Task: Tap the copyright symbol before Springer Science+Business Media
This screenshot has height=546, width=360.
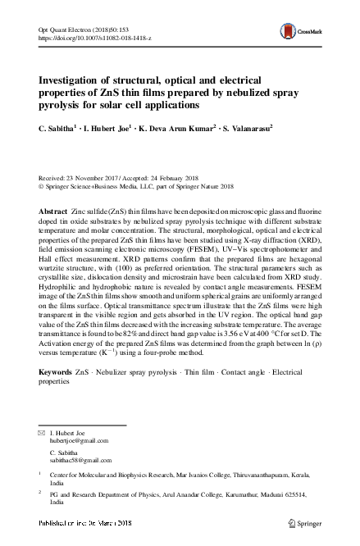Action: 43,185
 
